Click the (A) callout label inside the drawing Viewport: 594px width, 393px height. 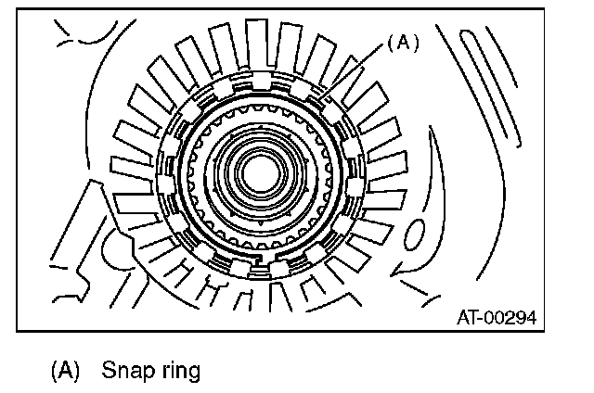[403, 42]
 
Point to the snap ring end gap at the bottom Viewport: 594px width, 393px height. [263, 272]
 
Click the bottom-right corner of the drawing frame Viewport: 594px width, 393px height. [546, 330]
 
